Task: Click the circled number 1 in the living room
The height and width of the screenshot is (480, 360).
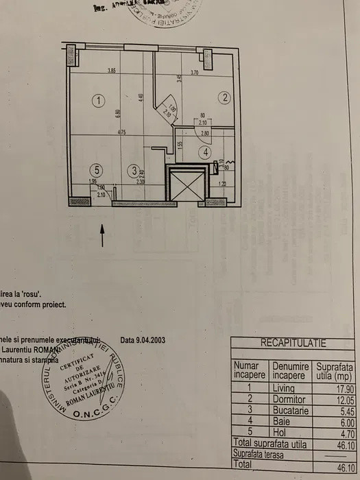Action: (99, 101)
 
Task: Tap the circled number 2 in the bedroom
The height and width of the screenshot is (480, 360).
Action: (224, 97)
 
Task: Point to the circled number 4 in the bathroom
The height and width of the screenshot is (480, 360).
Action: (204, 152)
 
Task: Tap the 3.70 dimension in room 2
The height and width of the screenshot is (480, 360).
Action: (194, 72)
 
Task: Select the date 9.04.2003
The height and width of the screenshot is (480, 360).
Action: (143, 339)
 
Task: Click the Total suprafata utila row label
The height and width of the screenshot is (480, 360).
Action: (270, 443)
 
